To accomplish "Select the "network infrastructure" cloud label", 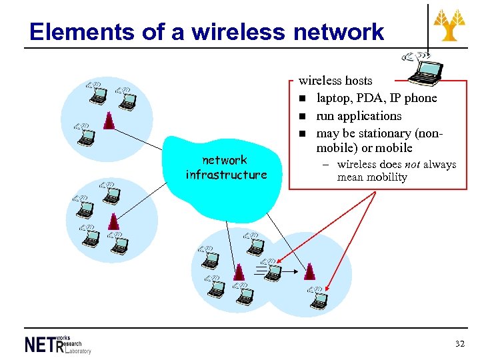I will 226,167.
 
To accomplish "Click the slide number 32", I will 459,344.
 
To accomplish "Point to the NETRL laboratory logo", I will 57,343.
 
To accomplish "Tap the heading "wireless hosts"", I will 335,81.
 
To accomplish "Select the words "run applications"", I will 359,115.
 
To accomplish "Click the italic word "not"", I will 412,164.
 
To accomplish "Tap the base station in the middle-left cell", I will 114,221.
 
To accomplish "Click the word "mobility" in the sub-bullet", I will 383,177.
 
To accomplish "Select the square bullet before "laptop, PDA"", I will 302,99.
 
